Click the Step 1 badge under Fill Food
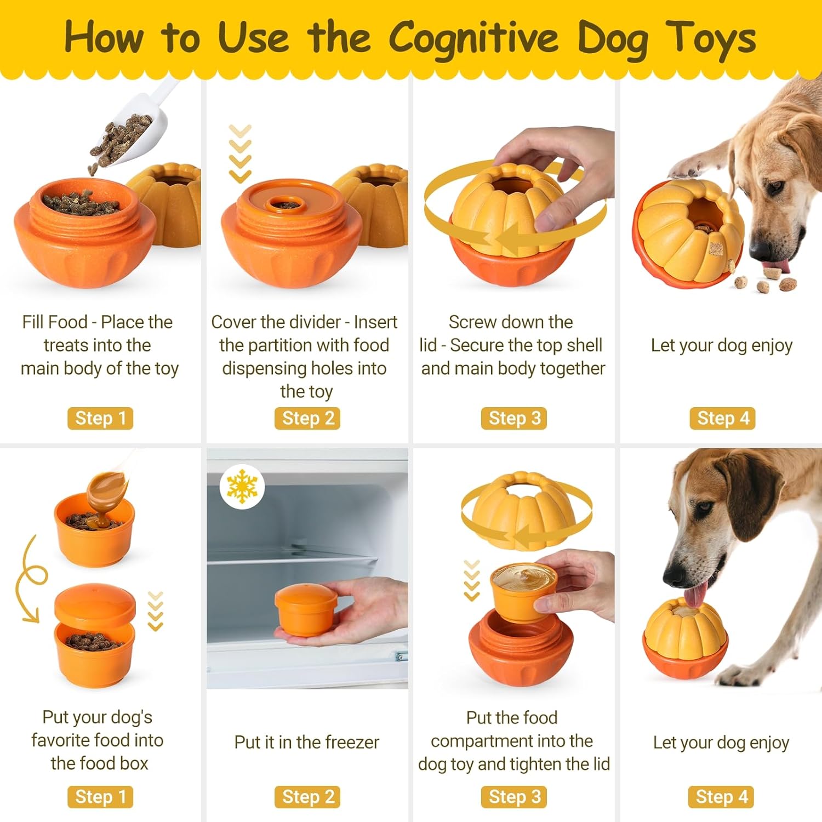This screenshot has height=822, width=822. click(x=100, y=418)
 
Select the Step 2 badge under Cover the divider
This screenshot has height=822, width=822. click(x=307, y=418)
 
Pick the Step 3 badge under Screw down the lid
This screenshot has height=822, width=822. click(x=514, y=418)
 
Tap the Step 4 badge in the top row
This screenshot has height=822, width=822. click(x=722, y=418)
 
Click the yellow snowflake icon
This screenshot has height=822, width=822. click(x=242, y=487)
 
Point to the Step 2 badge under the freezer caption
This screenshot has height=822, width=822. click(x=307, y=797)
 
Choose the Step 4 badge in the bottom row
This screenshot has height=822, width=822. click(x=721, y=797)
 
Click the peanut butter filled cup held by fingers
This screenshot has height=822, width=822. click(x=523, y=592)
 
